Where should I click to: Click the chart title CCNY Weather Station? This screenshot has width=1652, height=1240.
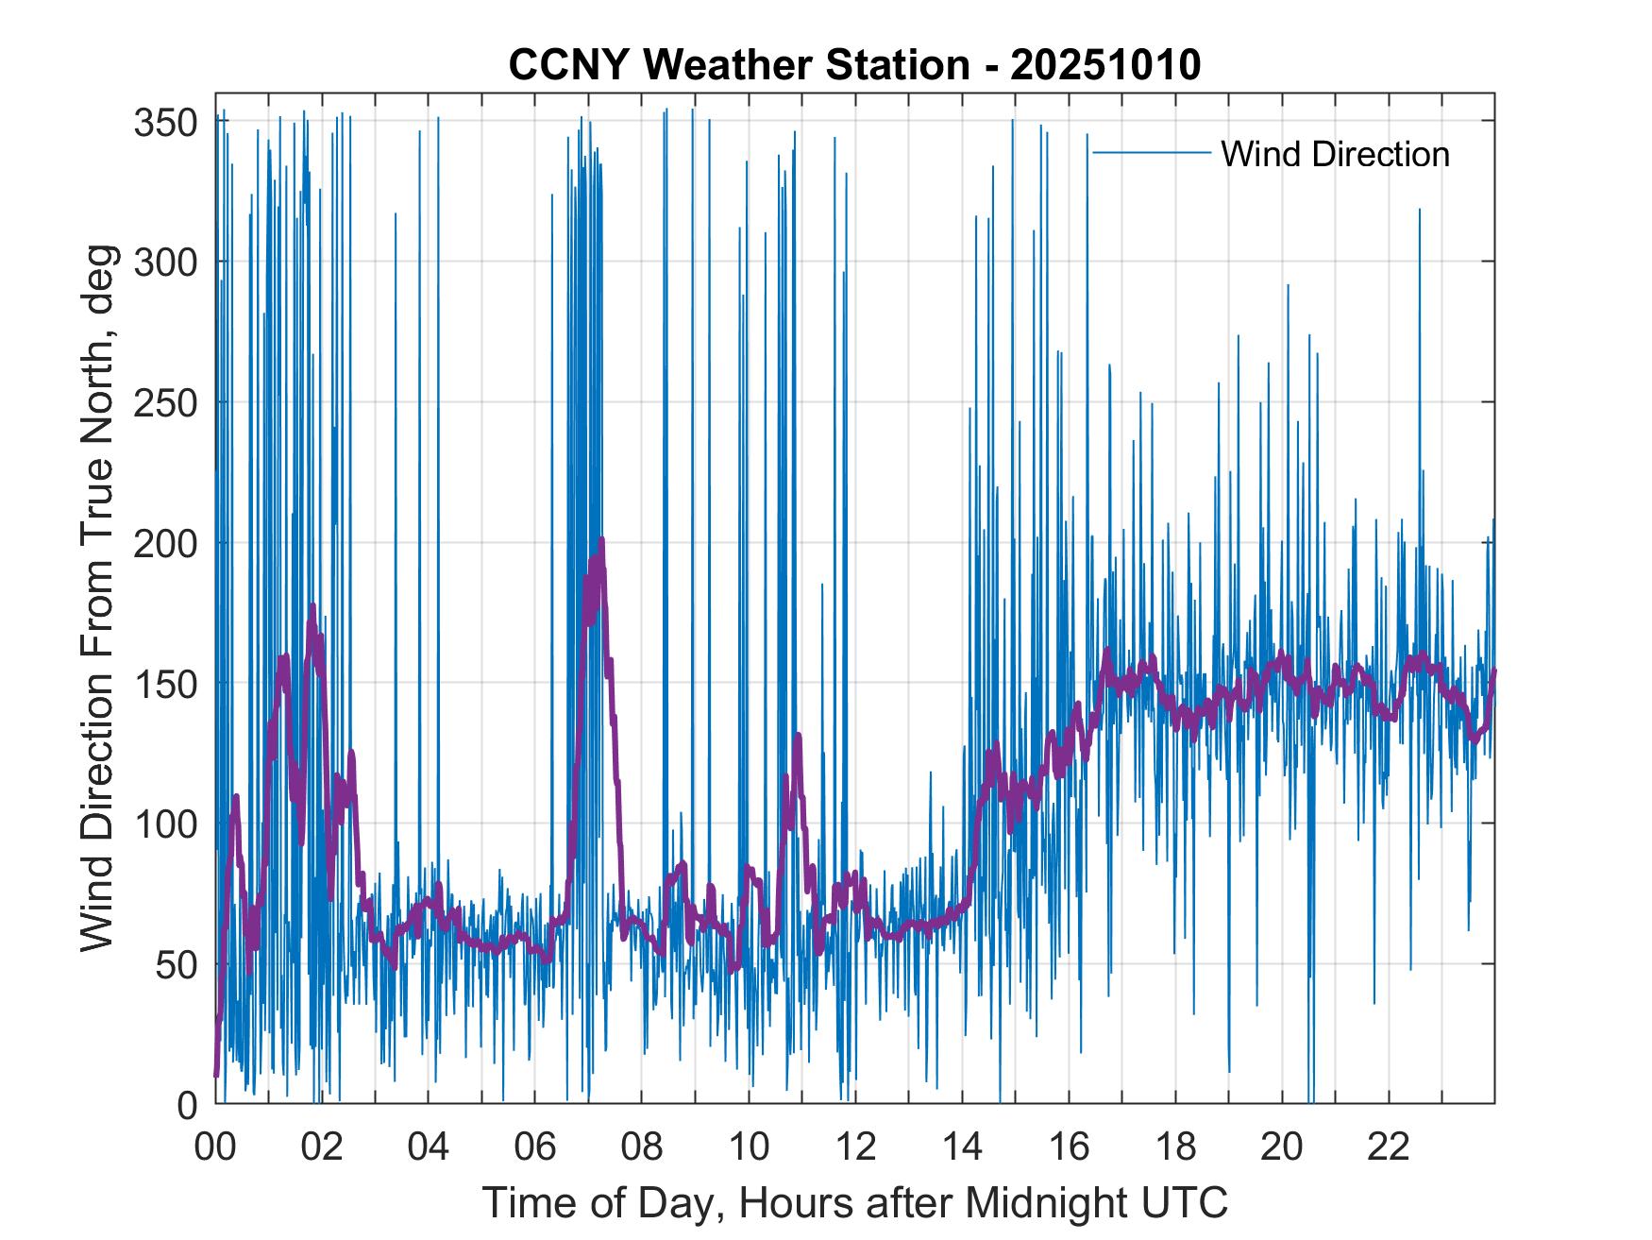click(x=738, y=65)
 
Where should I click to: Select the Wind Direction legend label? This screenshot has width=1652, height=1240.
click(x=1335, y=154)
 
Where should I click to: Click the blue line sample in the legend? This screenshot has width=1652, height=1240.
click(x=1151, y=153)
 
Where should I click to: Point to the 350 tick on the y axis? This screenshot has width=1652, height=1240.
click(x=167, y=122)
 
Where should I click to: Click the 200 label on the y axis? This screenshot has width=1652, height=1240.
click(x=167, y=543)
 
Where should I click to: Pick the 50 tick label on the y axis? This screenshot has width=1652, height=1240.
click(x=177, y=964)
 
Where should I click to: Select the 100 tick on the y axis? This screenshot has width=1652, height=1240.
click(x=167, y=824)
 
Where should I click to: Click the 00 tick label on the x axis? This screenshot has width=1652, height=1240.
click(x=215, y=1147)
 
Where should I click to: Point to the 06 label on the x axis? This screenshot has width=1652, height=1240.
click(x=535, y=1147)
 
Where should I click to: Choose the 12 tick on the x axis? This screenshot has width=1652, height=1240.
click(x=855, y=1147)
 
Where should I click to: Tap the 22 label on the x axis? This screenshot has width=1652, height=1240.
click(x=1389, y=1147)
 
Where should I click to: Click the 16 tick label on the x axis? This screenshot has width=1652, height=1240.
click(x=1069, y=1147)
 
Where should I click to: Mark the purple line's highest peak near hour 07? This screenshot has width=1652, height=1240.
click(x=600, y=541)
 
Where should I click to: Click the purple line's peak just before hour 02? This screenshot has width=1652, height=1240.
click(x=312, y=606)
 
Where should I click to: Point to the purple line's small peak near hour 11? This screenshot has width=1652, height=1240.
click(x=799, y=735)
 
